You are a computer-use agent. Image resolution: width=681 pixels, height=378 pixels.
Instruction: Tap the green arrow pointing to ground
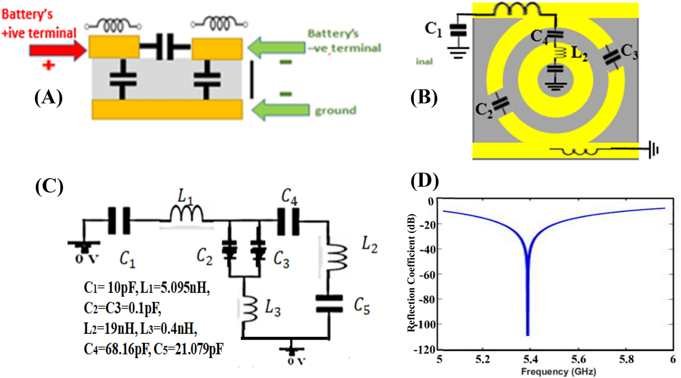tap(281, 110)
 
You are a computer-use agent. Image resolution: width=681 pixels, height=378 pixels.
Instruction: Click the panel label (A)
tap(48, 97)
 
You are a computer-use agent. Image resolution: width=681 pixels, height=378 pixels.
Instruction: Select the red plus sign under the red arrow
tap(48, 65)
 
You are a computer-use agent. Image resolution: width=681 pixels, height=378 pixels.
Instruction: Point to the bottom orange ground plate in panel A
tap(167, 110)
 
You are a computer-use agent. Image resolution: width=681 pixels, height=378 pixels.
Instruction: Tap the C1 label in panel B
tap(433, 29)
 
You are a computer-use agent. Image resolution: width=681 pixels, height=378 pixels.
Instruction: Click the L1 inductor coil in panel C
tap(187, 214)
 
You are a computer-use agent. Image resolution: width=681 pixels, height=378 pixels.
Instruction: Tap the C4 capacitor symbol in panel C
tap(289, 221)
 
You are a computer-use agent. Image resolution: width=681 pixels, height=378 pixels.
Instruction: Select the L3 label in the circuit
tap(273, 308)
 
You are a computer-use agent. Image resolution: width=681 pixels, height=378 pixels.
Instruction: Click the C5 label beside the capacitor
tap(362, 306)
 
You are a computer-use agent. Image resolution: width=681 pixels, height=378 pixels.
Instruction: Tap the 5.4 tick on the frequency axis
tap(531, 359)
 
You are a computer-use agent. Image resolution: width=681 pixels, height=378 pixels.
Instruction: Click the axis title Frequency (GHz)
tap(558, 371)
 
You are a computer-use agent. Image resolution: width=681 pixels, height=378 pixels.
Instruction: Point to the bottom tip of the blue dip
tap(528, 334)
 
